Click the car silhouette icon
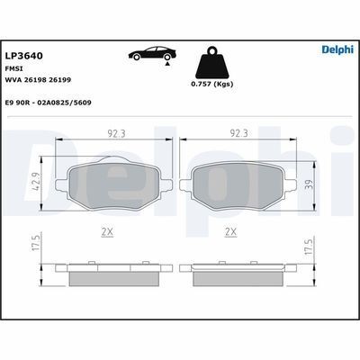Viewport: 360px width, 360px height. tap(149, 55)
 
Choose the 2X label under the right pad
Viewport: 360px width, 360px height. tap(229, 231)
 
